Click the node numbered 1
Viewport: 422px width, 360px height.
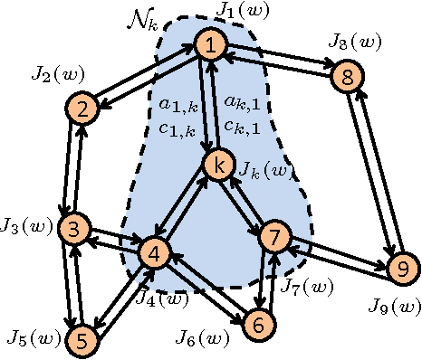point(211,43)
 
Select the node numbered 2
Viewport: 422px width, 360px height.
point(82,109)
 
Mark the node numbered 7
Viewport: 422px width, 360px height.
point(273,236)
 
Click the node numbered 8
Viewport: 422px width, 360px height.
point(347,78)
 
